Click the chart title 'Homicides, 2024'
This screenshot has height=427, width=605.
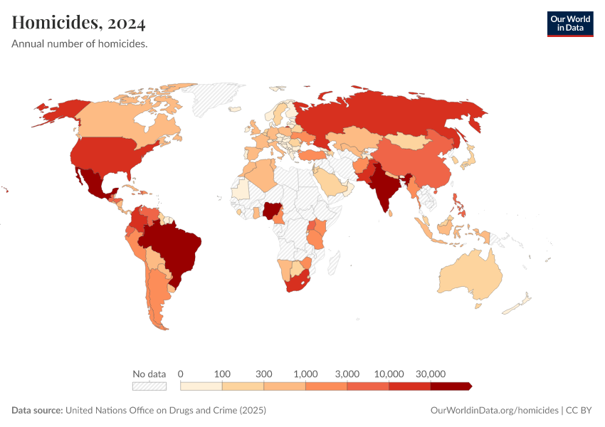pyautogui.click(x=79, y=23)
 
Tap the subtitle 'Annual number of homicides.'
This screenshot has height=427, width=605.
pyautogui.click(x=80, y=44)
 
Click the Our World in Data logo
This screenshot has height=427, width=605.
pyautogui.click(x=569, y=23)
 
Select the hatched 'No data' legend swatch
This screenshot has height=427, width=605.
pyautogui.click(x=149, y=386)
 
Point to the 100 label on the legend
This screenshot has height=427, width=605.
pyautogui.click(x=222, y=374)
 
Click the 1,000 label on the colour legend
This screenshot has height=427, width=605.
pyautogui.click(x=305, y=374)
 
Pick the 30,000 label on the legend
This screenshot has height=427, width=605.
pyautogui.click(x=430, y=374)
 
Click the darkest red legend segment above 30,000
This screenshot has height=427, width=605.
pyautogui.click(x=450, y=386)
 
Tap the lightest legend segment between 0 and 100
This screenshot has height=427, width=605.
pyautogui.click(x=201, y=386)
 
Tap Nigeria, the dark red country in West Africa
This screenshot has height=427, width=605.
pyautogui.click(x=271, y=210)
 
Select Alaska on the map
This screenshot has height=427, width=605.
pyautogui.click(x=57, y=110)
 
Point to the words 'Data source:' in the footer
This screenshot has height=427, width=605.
pyautogui.click(x=37, y=411)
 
